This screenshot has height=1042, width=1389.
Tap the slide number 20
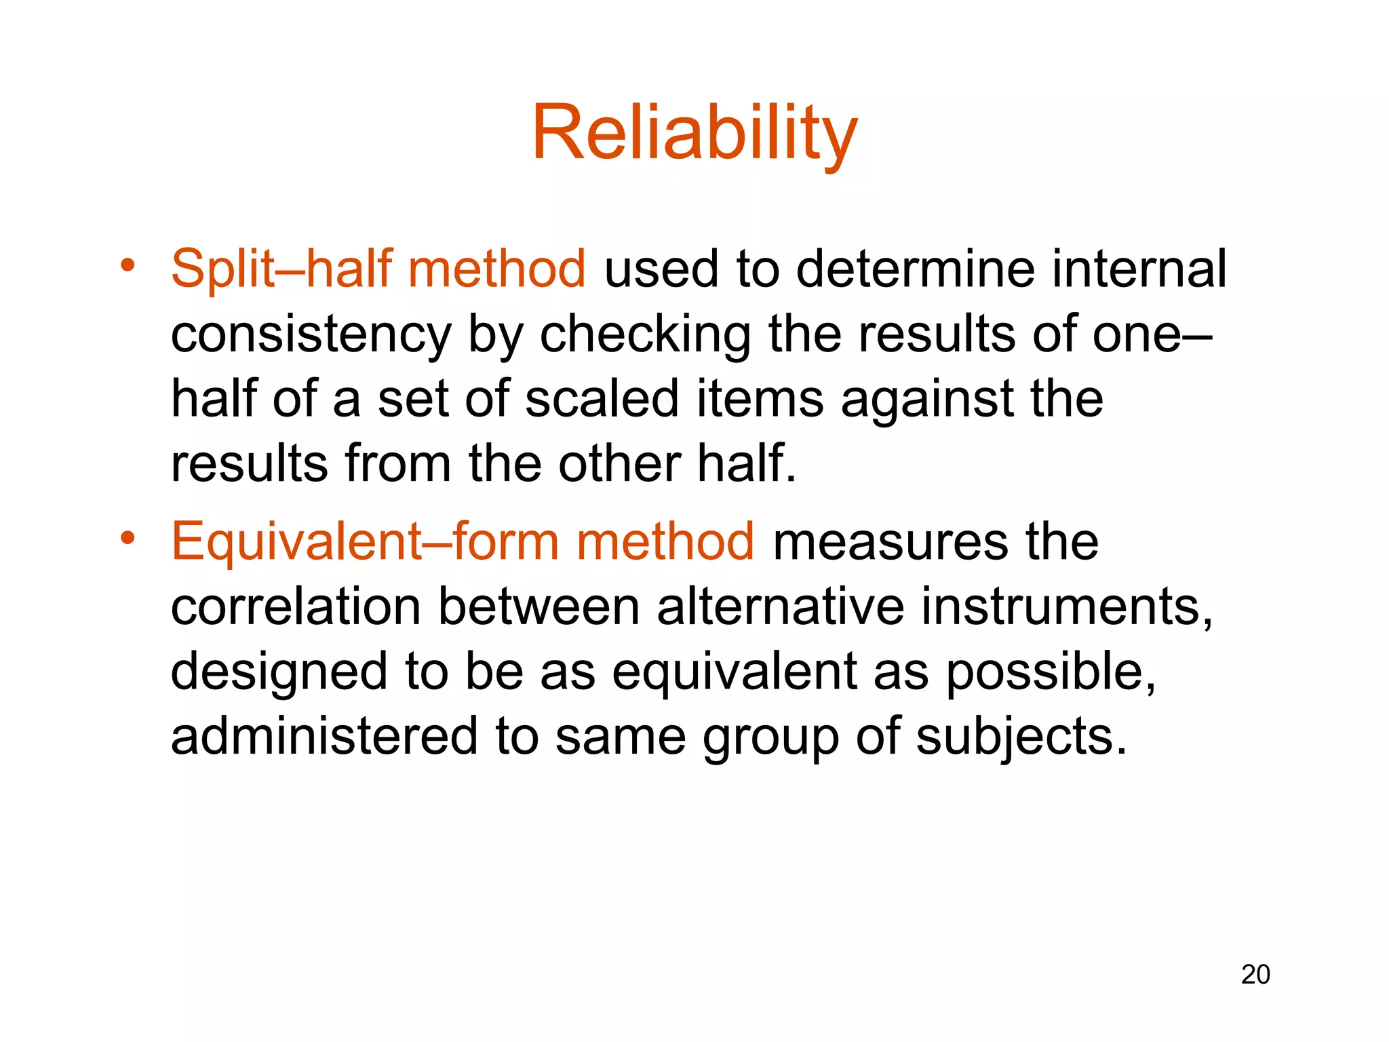tap(1255, 974)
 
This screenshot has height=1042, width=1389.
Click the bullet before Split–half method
tap(128, 265)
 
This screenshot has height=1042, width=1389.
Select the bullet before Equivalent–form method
tap(128, 539)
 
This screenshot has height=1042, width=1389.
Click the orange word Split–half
tap(281, 269)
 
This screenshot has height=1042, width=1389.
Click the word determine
tap(916, 269)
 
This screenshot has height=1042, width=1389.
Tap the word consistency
tap(311, 335)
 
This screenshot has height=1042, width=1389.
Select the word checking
tap(645, 335)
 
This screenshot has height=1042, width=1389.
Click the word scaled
tap(602, 399)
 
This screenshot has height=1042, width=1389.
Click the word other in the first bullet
tap(620, 464)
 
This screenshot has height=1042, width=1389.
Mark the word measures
tap(890, 541)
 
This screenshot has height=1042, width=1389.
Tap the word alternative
tap(780, 606)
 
